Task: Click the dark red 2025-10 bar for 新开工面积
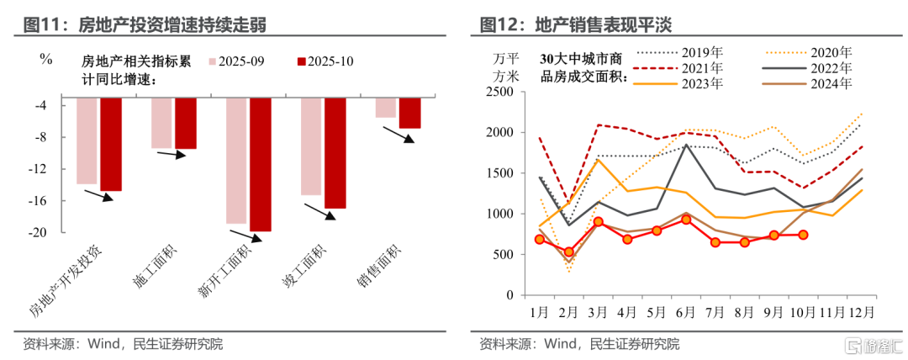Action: coord(260,164)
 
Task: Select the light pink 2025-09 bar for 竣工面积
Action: coord(311,146)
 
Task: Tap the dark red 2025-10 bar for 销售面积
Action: coord(409,113)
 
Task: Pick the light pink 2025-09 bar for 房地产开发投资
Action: coord(87,140)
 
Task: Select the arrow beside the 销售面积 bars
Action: coord(398,135)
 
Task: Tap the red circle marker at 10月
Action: coord(803,236)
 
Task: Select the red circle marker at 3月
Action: coord(599,222)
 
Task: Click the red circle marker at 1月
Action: coord(541,240)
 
